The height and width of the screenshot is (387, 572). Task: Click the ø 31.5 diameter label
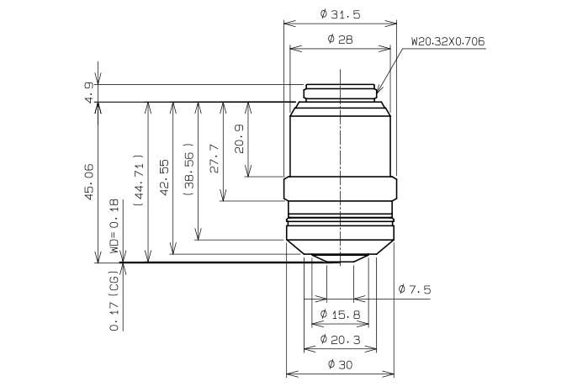[x=340, y=14]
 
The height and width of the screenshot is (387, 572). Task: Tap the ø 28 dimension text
[x=340, y=39]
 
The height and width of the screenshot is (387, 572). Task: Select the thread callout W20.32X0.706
[x=448, y=41]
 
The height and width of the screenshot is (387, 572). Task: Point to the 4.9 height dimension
[x=90, y=93]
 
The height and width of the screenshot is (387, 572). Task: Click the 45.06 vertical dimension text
[x=89, y=182]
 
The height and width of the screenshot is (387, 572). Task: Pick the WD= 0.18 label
[x=114, y=226]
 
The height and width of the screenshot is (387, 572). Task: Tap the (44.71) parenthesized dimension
[x=139, y=181]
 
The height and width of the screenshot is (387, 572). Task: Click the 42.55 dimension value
[x=164, y=178]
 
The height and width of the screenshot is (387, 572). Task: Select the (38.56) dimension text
[x=189, y=169]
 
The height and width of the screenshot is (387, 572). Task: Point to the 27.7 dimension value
[x=214, y=158]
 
